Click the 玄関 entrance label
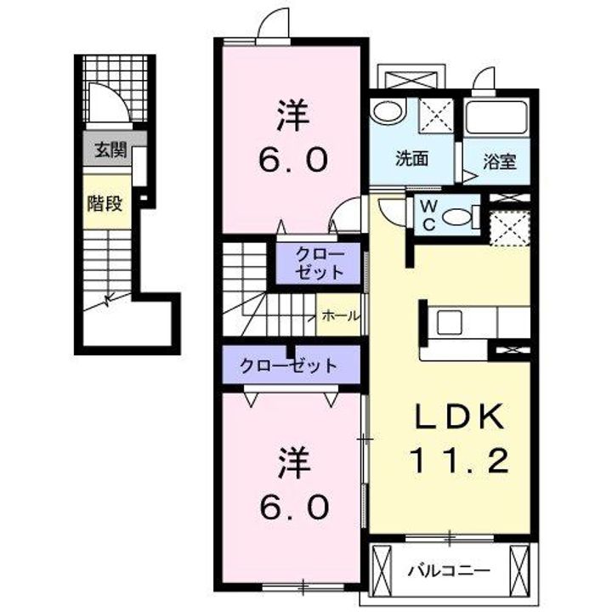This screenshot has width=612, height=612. pos(110,150)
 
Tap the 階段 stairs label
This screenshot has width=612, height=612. pos(105,203)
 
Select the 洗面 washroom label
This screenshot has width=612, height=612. pos(411,158)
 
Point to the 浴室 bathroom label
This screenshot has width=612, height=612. pos(500,161)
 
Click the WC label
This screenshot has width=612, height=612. pos(428,214)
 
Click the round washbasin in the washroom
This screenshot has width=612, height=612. pos(388,111)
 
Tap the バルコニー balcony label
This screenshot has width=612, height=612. pos(449,572)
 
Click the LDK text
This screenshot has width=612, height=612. pos(458,416)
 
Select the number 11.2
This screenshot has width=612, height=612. pos(459,461)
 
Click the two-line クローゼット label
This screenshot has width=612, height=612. pos(320,263)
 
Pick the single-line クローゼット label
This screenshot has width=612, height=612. pos(288,365)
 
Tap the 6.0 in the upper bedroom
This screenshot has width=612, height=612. pos(293,160)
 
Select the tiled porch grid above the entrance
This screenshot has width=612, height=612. pos(116,88)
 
